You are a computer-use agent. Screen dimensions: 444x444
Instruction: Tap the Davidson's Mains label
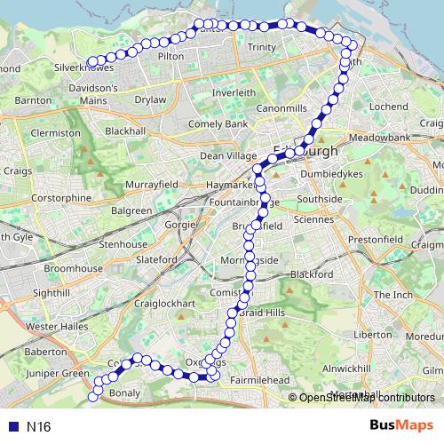pos(93,93)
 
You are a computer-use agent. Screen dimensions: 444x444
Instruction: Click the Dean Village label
pos(227,155)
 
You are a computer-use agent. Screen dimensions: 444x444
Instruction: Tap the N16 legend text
pos(37,426)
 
